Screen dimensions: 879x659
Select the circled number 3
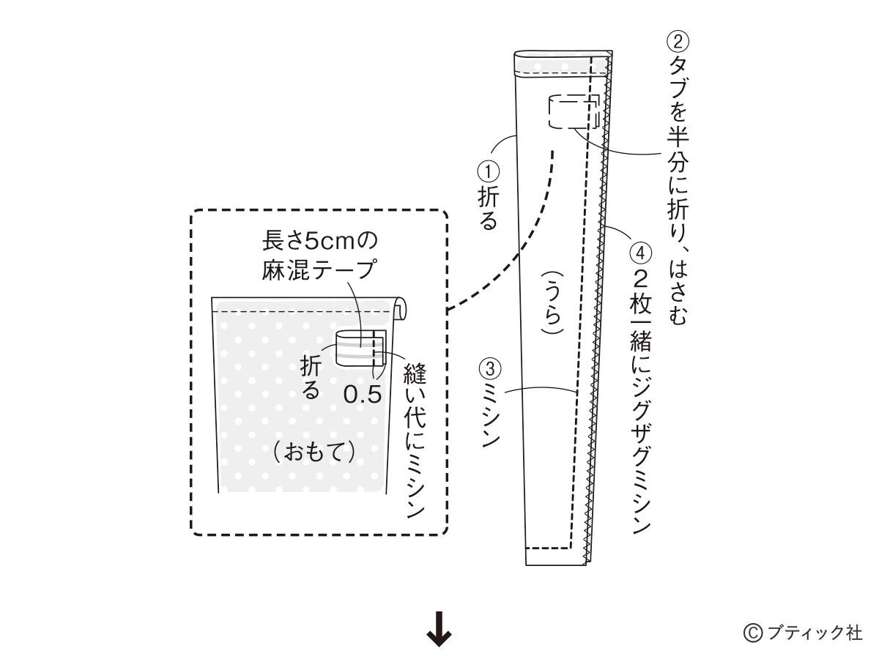[490, 369]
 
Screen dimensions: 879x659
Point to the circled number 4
[640, 253]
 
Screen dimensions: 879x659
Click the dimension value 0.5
[363, 395]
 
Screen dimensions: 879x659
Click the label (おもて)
[314, 453]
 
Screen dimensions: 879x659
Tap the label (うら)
[552, 302]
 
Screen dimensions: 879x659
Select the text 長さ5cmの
[320, 242]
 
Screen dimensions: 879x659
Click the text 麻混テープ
[319, 269]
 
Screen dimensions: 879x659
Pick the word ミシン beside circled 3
[490, 414]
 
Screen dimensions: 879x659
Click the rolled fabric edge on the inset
[399, 308]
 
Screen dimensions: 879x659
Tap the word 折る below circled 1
[488, 209]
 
